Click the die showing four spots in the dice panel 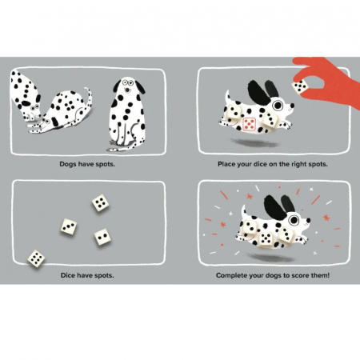point(100,203)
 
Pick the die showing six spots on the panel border point(36,258)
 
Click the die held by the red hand point(301,86)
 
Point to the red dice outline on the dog point(250,124)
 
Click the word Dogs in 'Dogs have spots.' point(68,164)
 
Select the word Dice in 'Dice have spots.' point(67,275)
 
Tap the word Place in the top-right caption point(226,164)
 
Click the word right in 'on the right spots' point(298,164)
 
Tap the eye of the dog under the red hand point(278,106)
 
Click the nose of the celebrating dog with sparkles point(308,220)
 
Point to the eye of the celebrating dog point(294,220)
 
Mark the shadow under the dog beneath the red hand point(254,143)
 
